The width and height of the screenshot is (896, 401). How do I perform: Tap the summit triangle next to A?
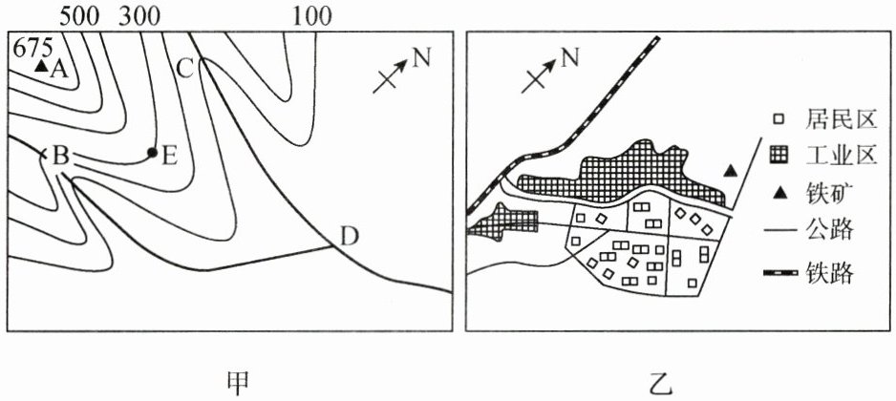pyautogui.click(x=40, y=68)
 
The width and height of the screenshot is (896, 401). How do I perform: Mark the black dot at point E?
pyautogui.click(x=152, y=152)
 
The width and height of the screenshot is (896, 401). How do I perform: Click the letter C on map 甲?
pyautogui.click(x=186, y=68)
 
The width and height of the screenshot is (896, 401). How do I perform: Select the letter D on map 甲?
pyautogui.click(x=349, y=237)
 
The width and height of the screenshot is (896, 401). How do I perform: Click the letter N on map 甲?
pyautogui.click(x=421, y=59)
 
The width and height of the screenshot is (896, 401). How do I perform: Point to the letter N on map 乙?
pyautogui.click(x=569, y=59)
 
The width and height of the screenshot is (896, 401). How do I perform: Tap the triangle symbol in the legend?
pyautogui.click(x=779, y=194)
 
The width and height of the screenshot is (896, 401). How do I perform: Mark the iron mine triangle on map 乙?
pyautogui.click(x=731, y=171)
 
